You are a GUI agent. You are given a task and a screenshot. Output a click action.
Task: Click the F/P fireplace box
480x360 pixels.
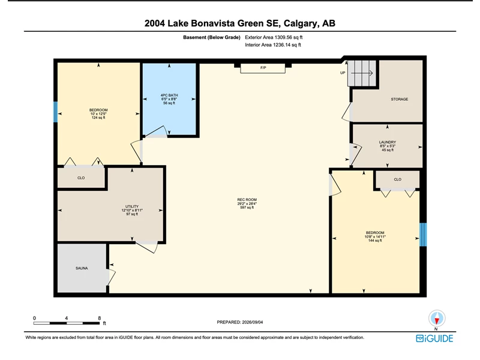[263, 68]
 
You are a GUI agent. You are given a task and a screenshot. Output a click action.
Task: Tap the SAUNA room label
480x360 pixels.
[82, 268]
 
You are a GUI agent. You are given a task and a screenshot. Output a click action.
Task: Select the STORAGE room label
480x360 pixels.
[399, 99]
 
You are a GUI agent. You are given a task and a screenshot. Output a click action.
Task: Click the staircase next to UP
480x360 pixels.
[362, 73]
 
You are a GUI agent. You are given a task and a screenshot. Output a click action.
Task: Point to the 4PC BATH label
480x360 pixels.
[169, 95]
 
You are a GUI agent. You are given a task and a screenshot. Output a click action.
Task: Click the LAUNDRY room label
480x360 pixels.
[388, 142]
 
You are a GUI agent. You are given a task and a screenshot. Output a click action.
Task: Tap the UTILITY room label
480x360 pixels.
[132, 206]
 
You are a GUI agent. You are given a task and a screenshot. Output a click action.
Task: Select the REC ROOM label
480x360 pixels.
[247, 200]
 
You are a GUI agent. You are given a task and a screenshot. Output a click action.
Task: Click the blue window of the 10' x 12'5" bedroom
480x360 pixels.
[55, 112]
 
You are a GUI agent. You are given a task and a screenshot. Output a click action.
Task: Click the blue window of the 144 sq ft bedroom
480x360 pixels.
[423, 235]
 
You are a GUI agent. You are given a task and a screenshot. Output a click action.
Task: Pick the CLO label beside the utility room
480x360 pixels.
[81, 178]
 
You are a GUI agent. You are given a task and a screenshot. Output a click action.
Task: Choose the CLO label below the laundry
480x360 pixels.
[397, 179]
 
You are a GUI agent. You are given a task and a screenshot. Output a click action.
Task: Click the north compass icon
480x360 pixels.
[437, 319]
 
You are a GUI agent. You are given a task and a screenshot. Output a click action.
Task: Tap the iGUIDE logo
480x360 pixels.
[434, 338]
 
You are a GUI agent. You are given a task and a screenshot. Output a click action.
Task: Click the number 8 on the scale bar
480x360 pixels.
[99, 318]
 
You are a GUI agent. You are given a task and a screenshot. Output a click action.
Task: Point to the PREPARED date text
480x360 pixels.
[239, 322]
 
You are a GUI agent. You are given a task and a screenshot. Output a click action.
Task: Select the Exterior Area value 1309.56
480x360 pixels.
[284, 37]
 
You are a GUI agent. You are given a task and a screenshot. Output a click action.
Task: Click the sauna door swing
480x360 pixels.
[111, 277]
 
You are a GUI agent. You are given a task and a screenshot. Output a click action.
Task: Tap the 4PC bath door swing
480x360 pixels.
[156, 131]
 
